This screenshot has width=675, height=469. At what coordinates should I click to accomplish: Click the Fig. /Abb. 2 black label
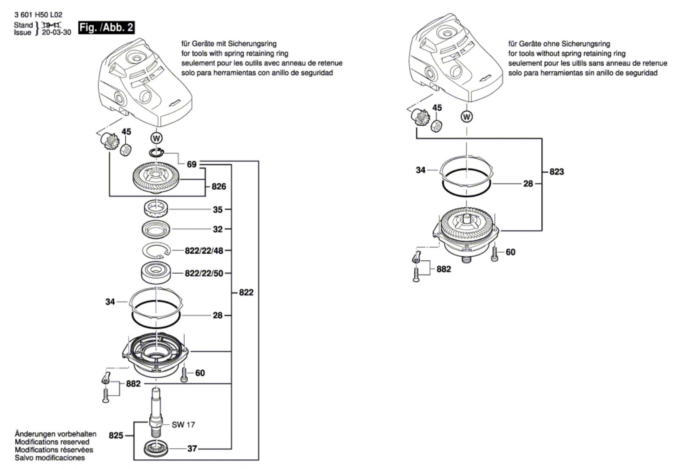tap(106, 28)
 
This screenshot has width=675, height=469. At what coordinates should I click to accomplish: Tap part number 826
tap(219, 186)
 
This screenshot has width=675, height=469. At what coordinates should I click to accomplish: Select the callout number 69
tap(192, 164)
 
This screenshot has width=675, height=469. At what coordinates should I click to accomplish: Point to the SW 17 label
tap(184, 425)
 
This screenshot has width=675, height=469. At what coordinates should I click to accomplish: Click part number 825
tap(116, 435)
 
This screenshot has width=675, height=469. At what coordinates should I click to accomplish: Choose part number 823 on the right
tap(556, 172)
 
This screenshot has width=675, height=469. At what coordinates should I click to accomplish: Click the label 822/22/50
tap(204, 273)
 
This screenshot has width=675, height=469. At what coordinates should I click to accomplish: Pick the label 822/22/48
tap(204, 251)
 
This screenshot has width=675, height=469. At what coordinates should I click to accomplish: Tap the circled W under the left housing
tap(157, 138)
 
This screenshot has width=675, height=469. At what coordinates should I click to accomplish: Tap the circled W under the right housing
tap(467, 117)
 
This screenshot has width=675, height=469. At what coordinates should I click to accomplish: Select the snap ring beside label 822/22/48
tap(156, 251)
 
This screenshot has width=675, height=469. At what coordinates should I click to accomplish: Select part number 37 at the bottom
tap(192, 448)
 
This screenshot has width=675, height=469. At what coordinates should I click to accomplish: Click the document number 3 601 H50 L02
tap(38, 15)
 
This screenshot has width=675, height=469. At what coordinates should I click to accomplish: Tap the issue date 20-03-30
tap(57, 32)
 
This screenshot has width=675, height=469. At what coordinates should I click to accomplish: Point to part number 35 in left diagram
tap(217, 209)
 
